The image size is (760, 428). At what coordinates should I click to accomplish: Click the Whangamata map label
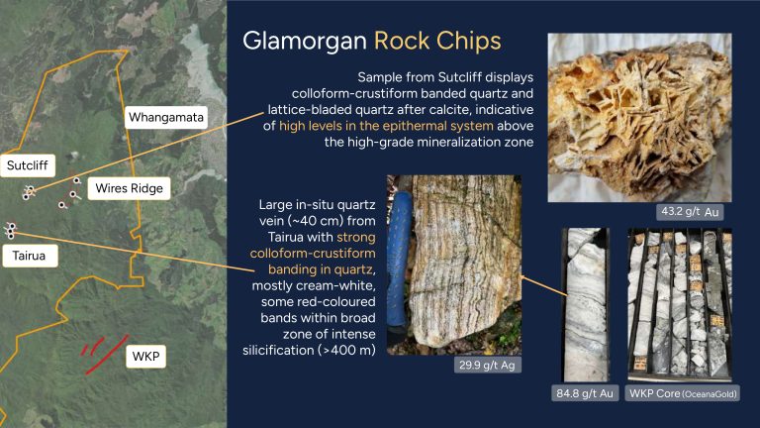pos(166,118)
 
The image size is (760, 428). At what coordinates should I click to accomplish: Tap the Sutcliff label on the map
pos(28,165)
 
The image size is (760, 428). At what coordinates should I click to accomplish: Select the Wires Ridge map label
pos(129,188)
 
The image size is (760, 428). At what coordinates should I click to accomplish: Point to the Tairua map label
pos(29,256)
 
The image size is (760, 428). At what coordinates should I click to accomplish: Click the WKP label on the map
pos(145,357)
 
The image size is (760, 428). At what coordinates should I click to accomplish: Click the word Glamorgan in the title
pos(305,41)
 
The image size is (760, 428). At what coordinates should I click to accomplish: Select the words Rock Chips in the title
pos(437,41)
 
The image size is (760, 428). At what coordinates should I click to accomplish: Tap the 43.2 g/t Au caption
pos(690,212)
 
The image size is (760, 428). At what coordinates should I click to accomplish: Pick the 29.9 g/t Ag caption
pos(487,365)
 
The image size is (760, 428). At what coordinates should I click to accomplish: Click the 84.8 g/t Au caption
pos(585,393)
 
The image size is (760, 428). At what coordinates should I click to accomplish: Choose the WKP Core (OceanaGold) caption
pos(684,393)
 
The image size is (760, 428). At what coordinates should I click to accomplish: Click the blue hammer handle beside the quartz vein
pos(400,265)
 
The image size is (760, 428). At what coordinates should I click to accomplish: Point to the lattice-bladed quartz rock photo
pos(639,118)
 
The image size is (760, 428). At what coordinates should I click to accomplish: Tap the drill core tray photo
pos(680,305)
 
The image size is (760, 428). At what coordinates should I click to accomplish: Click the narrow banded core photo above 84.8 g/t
pos(585,305)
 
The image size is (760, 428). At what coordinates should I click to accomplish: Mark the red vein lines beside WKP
pos(105,354)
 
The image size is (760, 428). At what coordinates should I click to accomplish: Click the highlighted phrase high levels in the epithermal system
pos(386,126)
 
